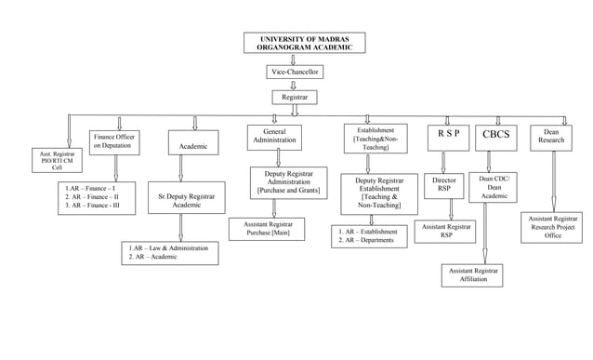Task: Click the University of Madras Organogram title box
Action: [304, 43]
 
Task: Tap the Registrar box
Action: [294, 97]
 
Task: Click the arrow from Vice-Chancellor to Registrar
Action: [294, 84]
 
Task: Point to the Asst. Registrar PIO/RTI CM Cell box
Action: [58, 159]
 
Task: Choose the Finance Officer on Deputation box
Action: [116, 141]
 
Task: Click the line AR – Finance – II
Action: [92, 197]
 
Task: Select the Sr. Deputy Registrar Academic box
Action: [187, 200]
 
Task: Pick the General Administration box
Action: [275, 136]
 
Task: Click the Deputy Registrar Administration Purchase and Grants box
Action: [288, 182]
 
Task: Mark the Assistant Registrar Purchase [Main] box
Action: [268, 229]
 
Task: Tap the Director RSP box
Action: [444, 185]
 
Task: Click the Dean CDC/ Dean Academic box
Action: [494, 187]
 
